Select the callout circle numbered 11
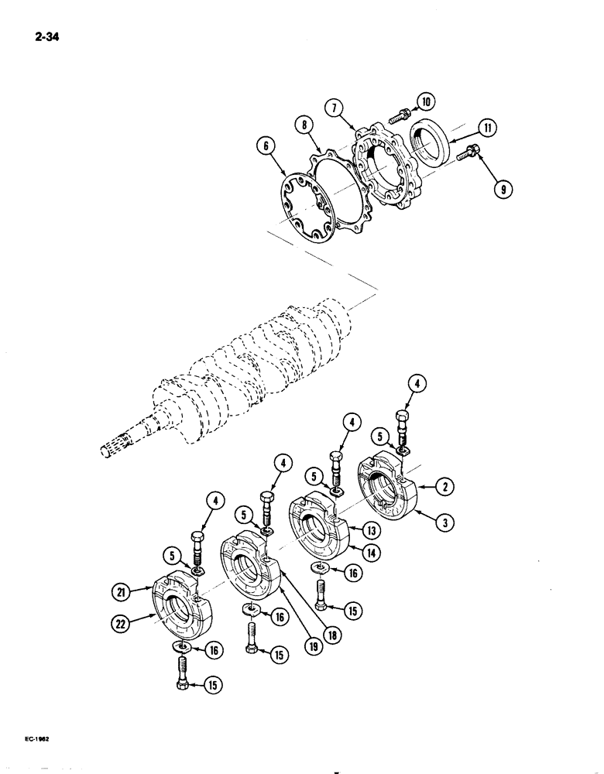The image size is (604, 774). click(x=489, y=128)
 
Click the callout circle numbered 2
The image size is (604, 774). click(x=445, y=487)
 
